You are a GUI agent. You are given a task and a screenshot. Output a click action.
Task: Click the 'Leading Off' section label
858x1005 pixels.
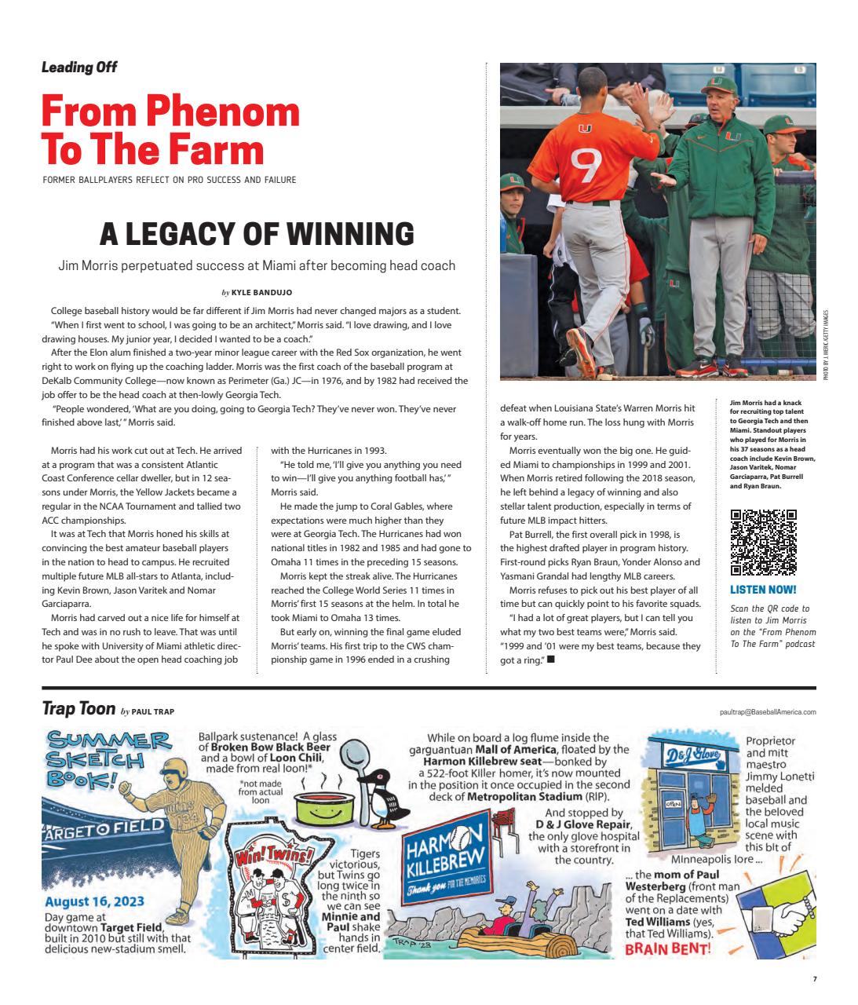[x=79, y=68]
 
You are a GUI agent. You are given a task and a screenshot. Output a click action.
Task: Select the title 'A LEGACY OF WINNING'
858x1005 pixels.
[x=257, y=233]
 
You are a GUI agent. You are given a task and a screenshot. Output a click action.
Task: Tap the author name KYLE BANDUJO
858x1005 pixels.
[x=261, y=292]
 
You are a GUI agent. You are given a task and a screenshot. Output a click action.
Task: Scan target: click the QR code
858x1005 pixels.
[x=763, y=543]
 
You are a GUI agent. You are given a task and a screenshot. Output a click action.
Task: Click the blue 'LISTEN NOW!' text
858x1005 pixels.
[x=763, y=589]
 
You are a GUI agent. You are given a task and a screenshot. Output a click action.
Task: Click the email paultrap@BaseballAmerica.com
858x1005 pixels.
[x=767, y=711]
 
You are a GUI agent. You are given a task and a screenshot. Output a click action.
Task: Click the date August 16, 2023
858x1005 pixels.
[x=94, y=903]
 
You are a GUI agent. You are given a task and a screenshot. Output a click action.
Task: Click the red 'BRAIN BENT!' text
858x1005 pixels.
[x=668, y=949]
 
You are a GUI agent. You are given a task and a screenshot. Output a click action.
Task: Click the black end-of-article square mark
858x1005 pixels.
[x=551, y=660]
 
